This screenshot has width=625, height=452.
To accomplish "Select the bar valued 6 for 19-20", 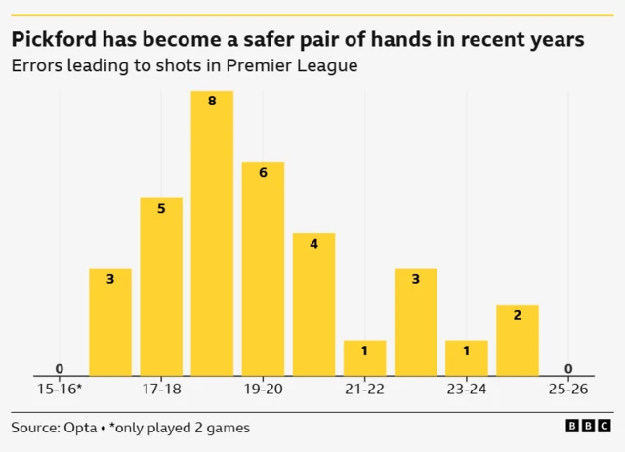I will (263, 268).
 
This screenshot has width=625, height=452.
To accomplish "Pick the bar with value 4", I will (313, 304).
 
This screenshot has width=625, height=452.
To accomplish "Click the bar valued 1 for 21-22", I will (364, 357).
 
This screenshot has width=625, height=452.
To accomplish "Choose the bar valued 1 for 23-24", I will (466, 357).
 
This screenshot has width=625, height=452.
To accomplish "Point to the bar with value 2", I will (517, 340).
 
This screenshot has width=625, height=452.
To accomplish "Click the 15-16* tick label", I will (60, 389).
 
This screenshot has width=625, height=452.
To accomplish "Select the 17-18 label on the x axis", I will (161, 389).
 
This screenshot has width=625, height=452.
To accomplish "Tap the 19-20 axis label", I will (263, 389).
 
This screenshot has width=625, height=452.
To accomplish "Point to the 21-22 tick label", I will (364, 389).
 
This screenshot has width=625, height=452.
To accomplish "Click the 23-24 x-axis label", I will (466, 389).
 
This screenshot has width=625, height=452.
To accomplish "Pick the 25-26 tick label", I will (567, 389).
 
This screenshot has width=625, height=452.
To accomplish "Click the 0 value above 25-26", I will (567, 368).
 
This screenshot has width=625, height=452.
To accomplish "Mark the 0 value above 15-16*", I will (60, 368).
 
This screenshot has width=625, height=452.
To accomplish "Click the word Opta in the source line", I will (83, 428).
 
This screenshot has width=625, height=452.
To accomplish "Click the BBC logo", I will (588, 428).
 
